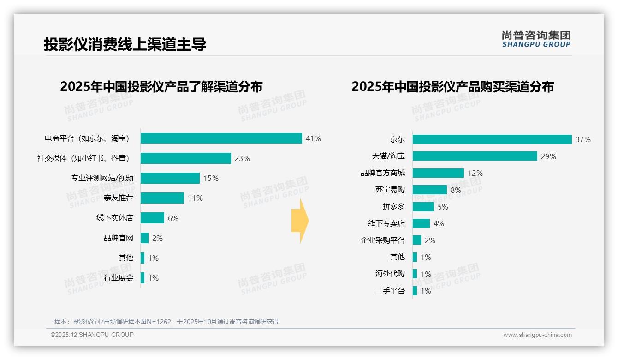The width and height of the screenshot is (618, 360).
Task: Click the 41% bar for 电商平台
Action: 221,138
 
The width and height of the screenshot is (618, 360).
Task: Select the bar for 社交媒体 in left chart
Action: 185,158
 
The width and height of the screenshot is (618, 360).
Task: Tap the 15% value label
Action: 211,178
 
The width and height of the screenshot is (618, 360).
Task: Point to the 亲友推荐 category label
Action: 118,198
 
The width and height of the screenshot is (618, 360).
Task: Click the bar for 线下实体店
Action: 152,218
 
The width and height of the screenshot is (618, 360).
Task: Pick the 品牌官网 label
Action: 118,238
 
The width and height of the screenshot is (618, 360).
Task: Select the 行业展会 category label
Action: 118,278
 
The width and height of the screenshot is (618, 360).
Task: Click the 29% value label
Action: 548,156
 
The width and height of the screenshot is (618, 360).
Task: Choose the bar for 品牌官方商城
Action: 438,173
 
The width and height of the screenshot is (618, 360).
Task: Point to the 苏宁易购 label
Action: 390,190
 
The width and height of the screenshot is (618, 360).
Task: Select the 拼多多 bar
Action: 423,207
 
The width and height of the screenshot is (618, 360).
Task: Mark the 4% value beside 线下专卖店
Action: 439,223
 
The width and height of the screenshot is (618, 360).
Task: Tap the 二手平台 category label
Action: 390,291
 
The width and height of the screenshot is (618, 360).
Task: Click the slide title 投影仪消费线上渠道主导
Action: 125,44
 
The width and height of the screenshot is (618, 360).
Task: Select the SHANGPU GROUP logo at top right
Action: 536,39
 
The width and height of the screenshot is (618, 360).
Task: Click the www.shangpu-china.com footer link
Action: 537,335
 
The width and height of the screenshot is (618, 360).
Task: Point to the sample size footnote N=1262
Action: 166,322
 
